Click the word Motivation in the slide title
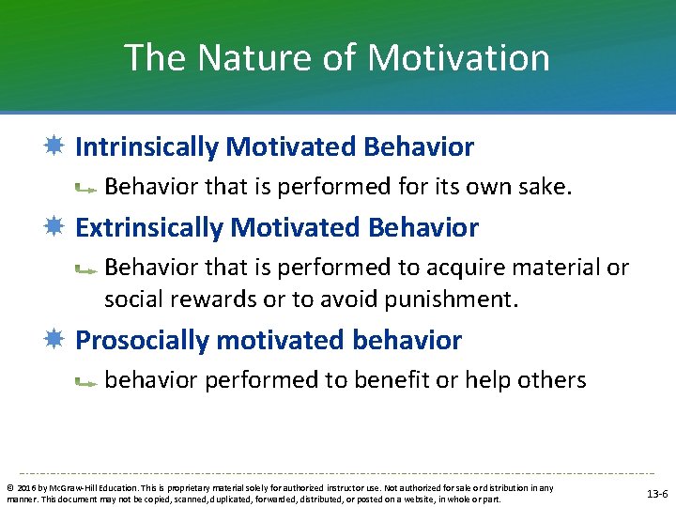tap(458, 58)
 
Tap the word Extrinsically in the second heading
tap(149, 228)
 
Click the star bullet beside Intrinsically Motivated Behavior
tap(58, 147)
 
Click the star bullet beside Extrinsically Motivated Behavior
tap(58, 228)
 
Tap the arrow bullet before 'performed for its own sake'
tap(87, 190)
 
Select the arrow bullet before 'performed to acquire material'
tap(87, 270)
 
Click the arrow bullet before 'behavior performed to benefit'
tap(87, 383)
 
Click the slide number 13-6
tap(656, 494)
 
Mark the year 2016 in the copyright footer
tap(25, 488)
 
